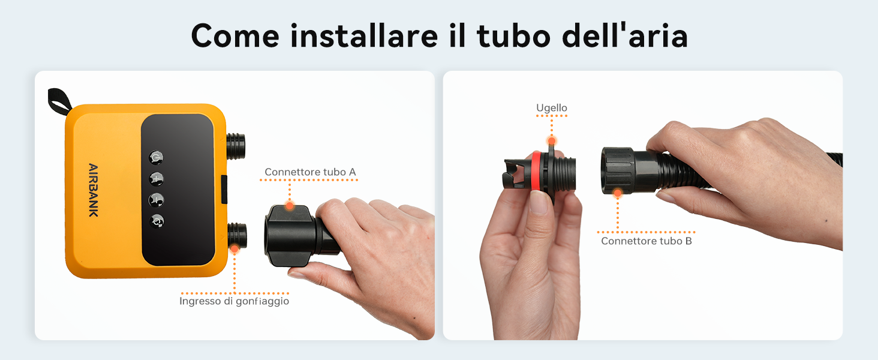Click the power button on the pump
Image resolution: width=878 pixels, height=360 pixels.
pos(156,158)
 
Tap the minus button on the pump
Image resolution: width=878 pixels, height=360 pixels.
pos(156,200)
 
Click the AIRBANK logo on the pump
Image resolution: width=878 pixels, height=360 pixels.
pos(93,190)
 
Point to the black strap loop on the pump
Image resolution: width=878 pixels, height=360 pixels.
pos(59,101)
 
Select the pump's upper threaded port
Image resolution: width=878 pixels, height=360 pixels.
pos(236,146)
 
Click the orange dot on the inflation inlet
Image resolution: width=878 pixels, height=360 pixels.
pos(234,248)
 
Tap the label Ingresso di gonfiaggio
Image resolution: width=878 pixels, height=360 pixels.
pos(234,301)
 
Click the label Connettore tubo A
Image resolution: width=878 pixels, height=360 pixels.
pos(310,172)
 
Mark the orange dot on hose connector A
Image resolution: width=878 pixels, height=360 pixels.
pos(290,205)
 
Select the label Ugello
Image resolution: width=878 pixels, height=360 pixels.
pos(552,108)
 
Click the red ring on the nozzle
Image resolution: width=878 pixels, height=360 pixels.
pos(536,171)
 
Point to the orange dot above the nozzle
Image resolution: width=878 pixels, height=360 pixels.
pos(552,141)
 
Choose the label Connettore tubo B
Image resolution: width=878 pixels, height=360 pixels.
pos(647,241)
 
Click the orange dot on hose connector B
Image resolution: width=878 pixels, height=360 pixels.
pos(618,193)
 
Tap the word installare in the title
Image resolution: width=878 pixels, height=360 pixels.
pos(364,36)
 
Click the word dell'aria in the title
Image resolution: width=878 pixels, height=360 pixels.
pos(625,35)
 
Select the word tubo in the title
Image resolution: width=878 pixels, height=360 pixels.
pos(513,35)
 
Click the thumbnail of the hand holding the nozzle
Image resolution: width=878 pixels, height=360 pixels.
pos(531,243)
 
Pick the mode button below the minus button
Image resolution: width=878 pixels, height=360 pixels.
pos(157,221)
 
